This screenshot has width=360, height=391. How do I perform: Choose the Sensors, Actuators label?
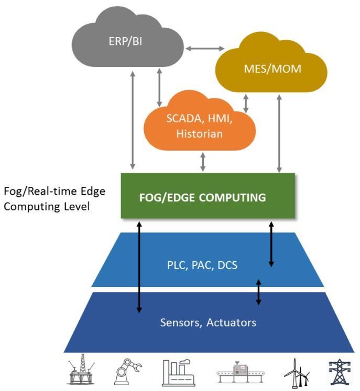[x=208, y=322]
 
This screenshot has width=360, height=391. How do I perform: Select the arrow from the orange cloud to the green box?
[x=203, y=161]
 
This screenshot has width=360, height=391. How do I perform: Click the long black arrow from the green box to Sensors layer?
[x=139, y=267]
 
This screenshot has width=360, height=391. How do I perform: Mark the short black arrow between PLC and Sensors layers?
[x=258, y=292]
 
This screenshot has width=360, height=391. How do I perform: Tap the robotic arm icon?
[x=125, y=373]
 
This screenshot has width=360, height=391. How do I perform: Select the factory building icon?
[x=176, y=373]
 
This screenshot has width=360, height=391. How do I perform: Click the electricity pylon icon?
[x=337, y=373]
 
